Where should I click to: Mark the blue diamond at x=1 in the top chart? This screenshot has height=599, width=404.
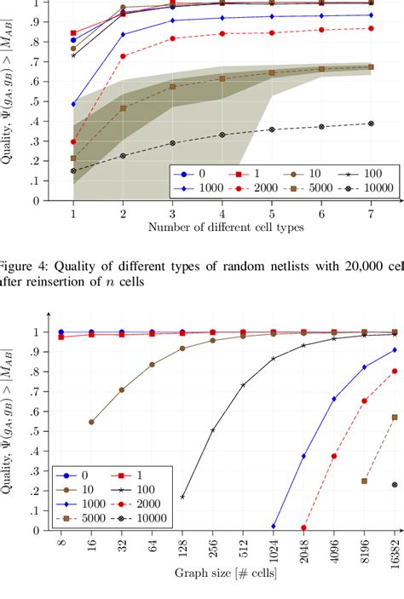click(73, 104)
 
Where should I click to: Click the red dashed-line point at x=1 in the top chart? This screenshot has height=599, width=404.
click(73, 142)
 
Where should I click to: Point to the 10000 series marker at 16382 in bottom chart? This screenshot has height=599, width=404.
click(395, 484)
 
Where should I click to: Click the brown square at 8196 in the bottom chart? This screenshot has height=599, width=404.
click(365, 481)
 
